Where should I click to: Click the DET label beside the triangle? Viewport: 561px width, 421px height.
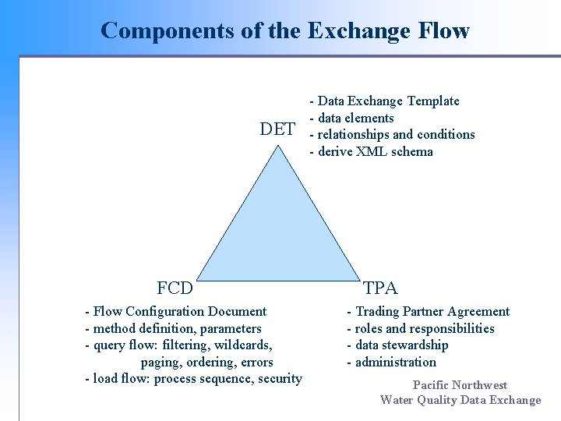[277, 129]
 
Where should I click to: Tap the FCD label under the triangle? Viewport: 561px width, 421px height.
[175, 288]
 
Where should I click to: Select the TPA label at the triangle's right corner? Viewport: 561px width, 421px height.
[380, 288]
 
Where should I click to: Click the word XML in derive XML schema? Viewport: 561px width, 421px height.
[370, 152]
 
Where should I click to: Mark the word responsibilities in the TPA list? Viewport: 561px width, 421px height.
[447, 329]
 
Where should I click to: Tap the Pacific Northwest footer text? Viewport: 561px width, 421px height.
[460, 385]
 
